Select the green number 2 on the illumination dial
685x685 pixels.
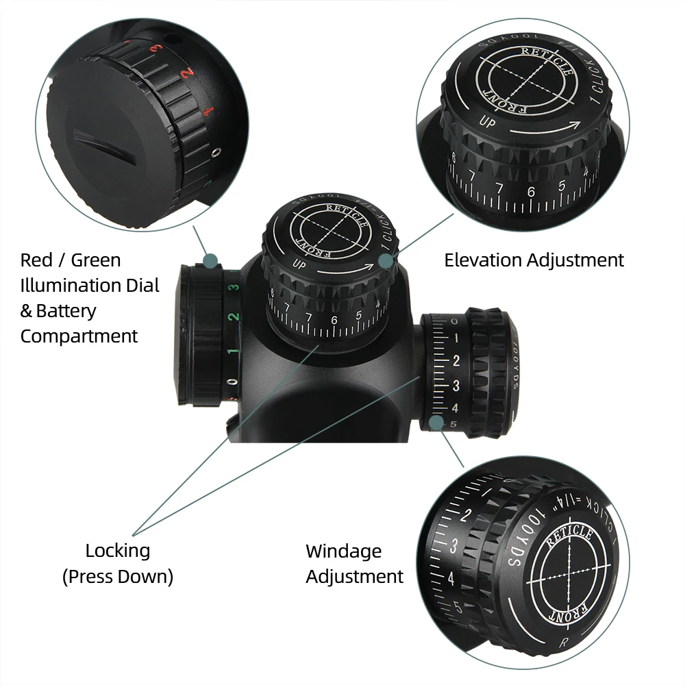tap(234, 317)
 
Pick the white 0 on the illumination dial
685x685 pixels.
tap(234, 382)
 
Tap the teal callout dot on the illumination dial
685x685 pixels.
tap(211, 260)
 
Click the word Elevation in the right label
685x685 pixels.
tap(483, 260)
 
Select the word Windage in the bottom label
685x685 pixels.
tap(343, 551)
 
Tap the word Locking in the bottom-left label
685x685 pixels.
tap(118, 550)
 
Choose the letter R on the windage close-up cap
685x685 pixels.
tap(563, 642)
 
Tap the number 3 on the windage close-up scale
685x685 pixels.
tap(454, 546)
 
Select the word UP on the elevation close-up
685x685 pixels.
tap(487, 123)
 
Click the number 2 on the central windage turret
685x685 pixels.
tap(456, 361)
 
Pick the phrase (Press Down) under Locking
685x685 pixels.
tap(118, 577)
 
